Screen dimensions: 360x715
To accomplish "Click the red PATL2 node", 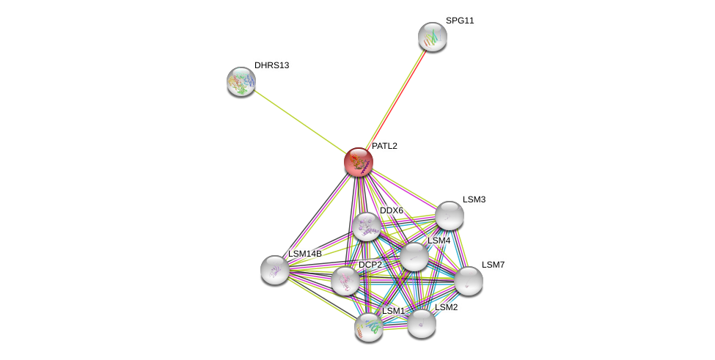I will (x=359, y=162).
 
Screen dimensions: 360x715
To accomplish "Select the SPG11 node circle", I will (x=433, y=37).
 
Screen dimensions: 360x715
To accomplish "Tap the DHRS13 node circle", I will (x=241, y=81).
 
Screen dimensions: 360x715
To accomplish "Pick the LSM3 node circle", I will (x=450, y=216).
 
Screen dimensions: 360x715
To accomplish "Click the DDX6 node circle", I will (x=366, y=227).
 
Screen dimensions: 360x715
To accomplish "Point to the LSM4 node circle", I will (x=414, y=257).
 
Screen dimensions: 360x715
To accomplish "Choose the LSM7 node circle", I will (x=469, y=281).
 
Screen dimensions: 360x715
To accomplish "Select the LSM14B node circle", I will (x=275, y=270).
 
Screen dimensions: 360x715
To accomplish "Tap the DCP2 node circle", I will (x=345, y=281).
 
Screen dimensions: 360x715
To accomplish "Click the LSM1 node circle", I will (x=369, y=327).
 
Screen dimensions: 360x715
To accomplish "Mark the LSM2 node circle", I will (x=422, y=323).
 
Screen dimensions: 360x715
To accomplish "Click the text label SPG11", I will (x=460, y=21).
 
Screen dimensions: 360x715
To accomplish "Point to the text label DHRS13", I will (x=271, y=65).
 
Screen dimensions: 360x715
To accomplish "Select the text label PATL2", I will (x=384, y=146).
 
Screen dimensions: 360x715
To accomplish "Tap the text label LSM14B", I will (x=305, y=254).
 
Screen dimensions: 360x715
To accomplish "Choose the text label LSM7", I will (x=493, y=265).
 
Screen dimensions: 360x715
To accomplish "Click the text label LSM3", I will (x=474, y=199).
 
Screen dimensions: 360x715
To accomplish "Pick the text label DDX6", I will (x=391, y=210).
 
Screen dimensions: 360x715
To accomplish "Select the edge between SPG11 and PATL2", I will (x=396, y=99).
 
